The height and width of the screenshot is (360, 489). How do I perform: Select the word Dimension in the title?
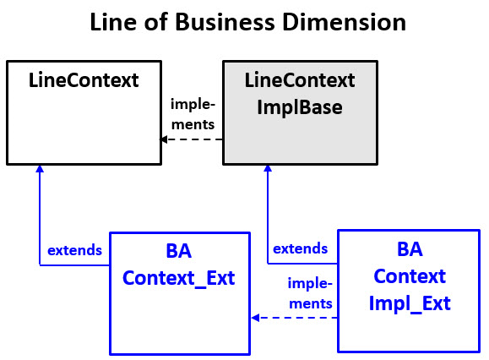coord(344,23)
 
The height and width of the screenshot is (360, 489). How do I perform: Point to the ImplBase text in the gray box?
coord(300,107)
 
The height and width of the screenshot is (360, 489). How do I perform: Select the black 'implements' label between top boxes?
coord(193,114)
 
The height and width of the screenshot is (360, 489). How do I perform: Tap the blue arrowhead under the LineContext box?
coord(40,170)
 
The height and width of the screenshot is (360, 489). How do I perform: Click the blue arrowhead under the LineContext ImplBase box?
coord(268,170)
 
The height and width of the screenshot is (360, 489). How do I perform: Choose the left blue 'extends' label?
coord(74,250)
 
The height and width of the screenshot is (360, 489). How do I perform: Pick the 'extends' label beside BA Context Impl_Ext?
coord(300,248)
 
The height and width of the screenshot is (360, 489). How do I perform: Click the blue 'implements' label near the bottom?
coord(309,292)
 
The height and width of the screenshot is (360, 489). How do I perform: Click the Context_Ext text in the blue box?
coord(178,277)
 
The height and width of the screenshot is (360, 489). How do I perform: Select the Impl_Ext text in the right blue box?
coord(410,303)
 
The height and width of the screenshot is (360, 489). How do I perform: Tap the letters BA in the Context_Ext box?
coord(179,251)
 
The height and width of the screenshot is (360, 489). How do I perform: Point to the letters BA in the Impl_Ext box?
coord(410,250)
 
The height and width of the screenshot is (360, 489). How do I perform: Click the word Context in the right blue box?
coord(410,276)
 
